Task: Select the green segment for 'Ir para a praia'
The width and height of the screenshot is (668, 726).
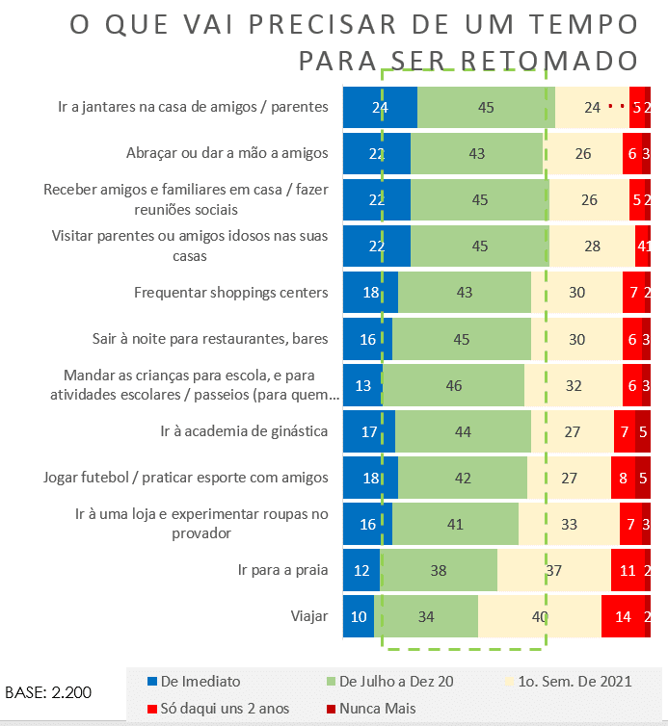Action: pos(439,570)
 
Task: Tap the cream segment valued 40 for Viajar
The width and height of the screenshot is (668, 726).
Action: pos(540,616)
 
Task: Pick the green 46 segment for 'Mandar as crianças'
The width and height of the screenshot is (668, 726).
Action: pos(453,385)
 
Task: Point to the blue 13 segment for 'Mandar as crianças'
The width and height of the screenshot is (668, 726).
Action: pos(362,385)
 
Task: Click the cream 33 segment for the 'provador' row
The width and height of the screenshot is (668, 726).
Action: pos(569,524)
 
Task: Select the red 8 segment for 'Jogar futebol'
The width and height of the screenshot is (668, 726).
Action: pos(623,478)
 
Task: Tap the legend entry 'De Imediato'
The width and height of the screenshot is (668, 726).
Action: pos(193,682)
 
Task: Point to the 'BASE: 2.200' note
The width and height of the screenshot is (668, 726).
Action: pos(48,692)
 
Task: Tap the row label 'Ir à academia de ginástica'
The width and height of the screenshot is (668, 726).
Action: pos(245,431)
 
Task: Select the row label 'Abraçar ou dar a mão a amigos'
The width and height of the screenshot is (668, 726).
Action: pos(227,153)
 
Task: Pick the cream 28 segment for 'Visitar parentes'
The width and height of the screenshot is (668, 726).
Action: pos(593,246)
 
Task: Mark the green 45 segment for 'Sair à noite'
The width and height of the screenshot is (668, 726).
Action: pos(462,339)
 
